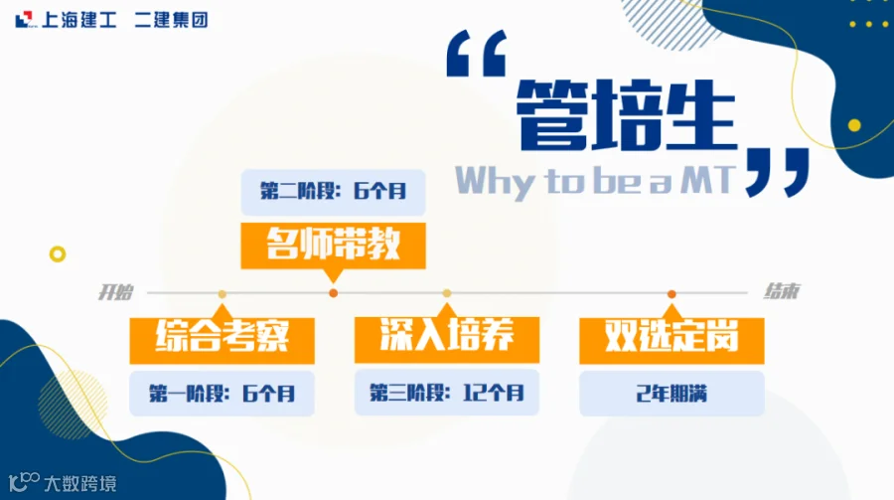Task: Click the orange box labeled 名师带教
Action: coord(333,246)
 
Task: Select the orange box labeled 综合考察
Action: coord(222,340)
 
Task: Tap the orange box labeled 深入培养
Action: coord(446,340)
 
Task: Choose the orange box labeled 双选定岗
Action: coord(671,341)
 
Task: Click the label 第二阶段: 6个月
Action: coord(333,192)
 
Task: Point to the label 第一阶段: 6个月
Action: coord(222,394)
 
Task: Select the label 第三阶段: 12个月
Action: coord(446,392)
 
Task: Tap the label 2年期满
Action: coord(671,394)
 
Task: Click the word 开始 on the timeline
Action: coord(116,292)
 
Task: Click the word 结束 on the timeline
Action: coord(782,291)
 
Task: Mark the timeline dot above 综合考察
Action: coord(222,294)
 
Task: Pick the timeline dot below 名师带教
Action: coord(334,293)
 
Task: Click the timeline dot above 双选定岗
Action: coord(671,294)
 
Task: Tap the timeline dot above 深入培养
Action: coord(447,293)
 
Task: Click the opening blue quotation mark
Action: coord(476,53)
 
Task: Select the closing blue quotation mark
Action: coord(777,172)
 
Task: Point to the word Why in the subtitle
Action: coord(495,183)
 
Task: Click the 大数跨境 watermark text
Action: coord(80,484)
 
